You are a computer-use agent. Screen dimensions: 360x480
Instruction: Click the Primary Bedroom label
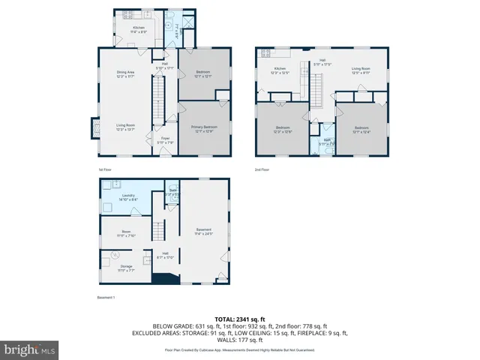[x=202, y=130]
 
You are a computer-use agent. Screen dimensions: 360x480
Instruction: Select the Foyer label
[x=164, y=140]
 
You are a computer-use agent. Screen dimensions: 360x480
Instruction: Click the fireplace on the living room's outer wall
[x=94, y=128]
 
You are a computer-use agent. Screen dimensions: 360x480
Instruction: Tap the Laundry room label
[x=128, y=197]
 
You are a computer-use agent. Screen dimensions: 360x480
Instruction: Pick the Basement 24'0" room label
[x=203, y=230]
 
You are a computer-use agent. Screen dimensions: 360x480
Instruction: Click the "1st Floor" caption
[x=106, y=169]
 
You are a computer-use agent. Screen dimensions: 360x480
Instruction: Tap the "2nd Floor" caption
[x=261, y=169]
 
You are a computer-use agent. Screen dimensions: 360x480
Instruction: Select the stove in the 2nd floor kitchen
[x=264, y=53]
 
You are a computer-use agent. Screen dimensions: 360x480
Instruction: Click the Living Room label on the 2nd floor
[x=361, y=71]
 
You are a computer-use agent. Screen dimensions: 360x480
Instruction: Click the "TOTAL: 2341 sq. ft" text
[x=240, y=319]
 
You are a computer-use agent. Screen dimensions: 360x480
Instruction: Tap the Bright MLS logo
[x=30, y=349]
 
